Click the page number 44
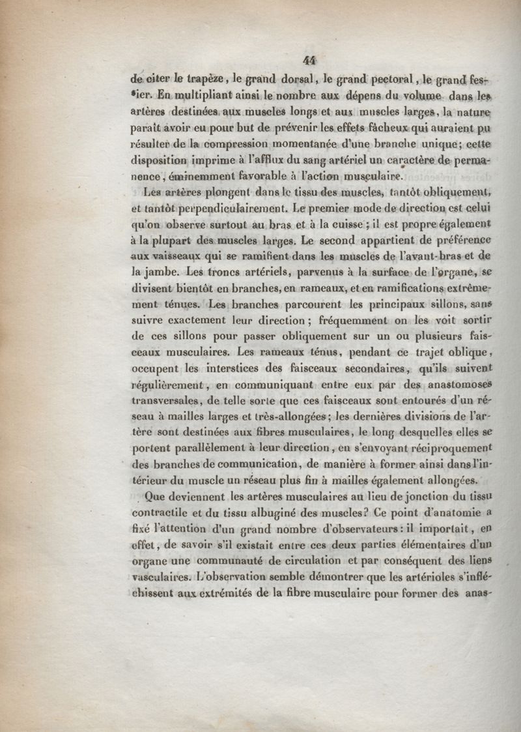[309, 60]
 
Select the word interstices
[227, 369]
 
